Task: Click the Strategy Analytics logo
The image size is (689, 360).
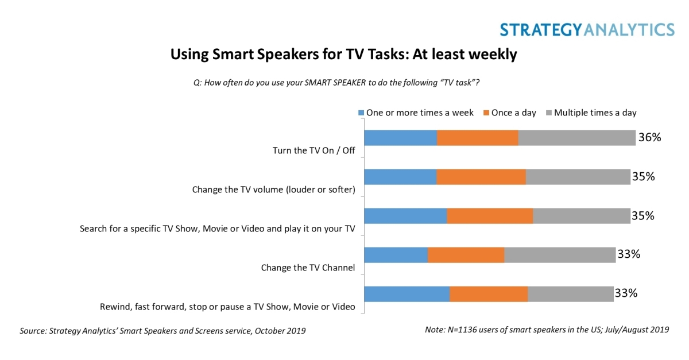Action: coord(587,29)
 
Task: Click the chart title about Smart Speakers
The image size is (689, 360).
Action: coord(344,55)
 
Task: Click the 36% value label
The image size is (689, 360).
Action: coord(650,138)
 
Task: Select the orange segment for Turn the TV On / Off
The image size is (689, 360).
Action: coord(478,138)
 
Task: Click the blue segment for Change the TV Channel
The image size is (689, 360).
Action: coord(396,255)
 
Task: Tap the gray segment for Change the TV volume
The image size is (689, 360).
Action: coord(578,177)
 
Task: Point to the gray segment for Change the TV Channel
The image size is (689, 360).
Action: coord(560,255)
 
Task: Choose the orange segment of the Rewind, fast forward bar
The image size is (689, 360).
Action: coord(489,294)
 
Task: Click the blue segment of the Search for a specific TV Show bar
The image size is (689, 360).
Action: coord(405,216)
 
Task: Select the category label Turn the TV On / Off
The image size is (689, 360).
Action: coord(313,151)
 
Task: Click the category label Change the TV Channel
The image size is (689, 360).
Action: coord(308,268)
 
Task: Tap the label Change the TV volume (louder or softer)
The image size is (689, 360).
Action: coord(274,189)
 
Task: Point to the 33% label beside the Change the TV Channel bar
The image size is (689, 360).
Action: coord(629,254)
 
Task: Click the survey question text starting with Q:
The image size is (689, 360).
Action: coord(336,83)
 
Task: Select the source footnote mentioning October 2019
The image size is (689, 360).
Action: coord(162,331)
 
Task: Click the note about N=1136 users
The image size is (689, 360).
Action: coord(547,330)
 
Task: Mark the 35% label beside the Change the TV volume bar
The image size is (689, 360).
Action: coord(643,177)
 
